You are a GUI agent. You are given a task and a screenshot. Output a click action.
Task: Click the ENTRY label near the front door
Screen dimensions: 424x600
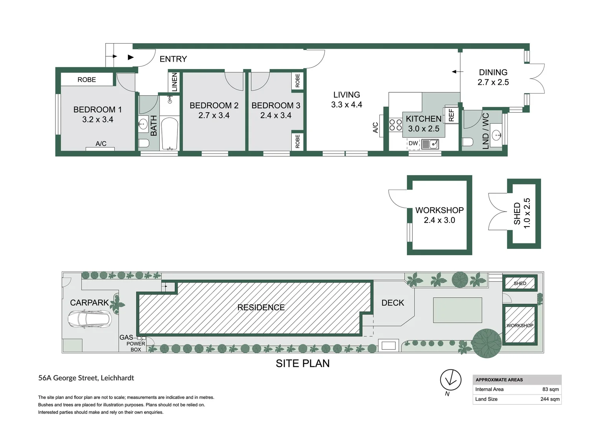pyautogui.click(x=173, y=59)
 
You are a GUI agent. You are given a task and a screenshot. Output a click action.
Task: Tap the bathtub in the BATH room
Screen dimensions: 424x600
pyautogui.click(x=170, y=134)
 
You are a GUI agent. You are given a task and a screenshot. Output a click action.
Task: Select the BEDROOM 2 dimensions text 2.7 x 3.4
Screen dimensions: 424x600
pyautogui.click(x=214, y=115)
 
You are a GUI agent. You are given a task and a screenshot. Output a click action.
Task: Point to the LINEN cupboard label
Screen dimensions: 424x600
pyautogui.click(x=175, y=82)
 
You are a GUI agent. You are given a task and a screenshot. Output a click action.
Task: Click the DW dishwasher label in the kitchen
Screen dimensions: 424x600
pyautogui.click(x=413, y=143)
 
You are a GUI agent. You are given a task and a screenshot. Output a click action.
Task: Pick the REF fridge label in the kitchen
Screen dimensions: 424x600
pyautogui.click(x=451, y=115)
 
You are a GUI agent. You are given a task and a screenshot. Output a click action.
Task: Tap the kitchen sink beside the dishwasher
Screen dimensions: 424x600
pyautogui.click(x=430, y=144)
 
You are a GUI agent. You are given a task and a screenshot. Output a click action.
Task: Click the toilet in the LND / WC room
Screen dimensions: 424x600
pyautogui.click(x=467, y=141)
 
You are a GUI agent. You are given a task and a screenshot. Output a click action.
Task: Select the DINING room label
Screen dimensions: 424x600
pyautogui.click(x=493, y=72)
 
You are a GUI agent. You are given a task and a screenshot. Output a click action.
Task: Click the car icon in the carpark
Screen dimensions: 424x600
pyautogui.click(x=90, y=319)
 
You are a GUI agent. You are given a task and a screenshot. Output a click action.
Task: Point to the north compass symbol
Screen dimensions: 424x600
pyautogui.click(x=450, y=380)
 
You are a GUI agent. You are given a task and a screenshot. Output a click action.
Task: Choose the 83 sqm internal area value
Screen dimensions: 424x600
pyautogui.click(x=550, y=389)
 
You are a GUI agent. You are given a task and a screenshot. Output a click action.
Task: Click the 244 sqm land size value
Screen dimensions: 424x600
pyautogui.click(x=550, y=399)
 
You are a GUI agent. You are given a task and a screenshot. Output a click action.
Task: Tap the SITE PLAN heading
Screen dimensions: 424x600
pyautogui.click(x=302, y=364)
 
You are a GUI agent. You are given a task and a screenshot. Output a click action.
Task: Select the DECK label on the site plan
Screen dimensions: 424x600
pyautogui.click(x=393, y=303)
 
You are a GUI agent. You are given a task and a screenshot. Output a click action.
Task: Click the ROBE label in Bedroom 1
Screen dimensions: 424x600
pyautogui.click(x=86, y=80)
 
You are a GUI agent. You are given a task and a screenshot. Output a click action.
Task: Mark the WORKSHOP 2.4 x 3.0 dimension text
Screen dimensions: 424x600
pyautogui.click(x=439, y=220)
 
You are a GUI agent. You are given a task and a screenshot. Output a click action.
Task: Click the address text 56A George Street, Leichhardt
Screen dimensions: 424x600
pyautogui.click(x=86, y=378)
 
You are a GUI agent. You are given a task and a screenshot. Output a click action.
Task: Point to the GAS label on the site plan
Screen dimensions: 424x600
pyautogui.click(x=126, y=337)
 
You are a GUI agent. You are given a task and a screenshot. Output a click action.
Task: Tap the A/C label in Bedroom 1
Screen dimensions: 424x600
pyautogui.click(x=101, y=144)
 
